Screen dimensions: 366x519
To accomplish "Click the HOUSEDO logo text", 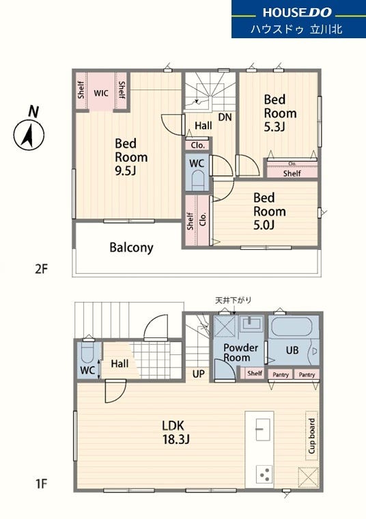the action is click(x=297, y=12).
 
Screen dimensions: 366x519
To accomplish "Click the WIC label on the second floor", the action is click(x=101, y=93).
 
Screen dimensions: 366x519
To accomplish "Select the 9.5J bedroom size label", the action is click(x=126, y=171).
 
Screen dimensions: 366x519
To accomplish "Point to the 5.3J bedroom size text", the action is click(x=274, y=127).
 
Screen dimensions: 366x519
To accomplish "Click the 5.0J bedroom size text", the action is click(x=264, y=225).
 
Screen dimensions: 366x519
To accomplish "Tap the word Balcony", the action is click(x=131, y=248).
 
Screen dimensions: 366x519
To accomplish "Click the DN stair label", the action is click(x=225, y=117).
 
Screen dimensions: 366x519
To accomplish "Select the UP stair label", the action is click(x=199, y=374).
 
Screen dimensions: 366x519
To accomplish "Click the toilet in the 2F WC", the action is click(x=197, y=180).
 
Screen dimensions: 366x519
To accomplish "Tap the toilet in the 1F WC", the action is click(x=87, y=352).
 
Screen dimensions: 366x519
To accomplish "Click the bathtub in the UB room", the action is click(x=292, y=327).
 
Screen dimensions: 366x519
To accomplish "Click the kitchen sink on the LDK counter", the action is click(x=263, y=430).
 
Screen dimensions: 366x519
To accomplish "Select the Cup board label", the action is click(x=311, y=436).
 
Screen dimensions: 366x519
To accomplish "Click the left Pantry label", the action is click(x=281, y=375).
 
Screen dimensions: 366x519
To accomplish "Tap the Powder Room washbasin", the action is click(x=251, y=324).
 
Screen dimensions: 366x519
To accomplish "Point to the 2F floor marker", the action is click(x=42, y=269).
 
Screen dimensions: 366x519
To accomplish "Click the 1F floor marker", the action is click(x=42, y=484).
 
